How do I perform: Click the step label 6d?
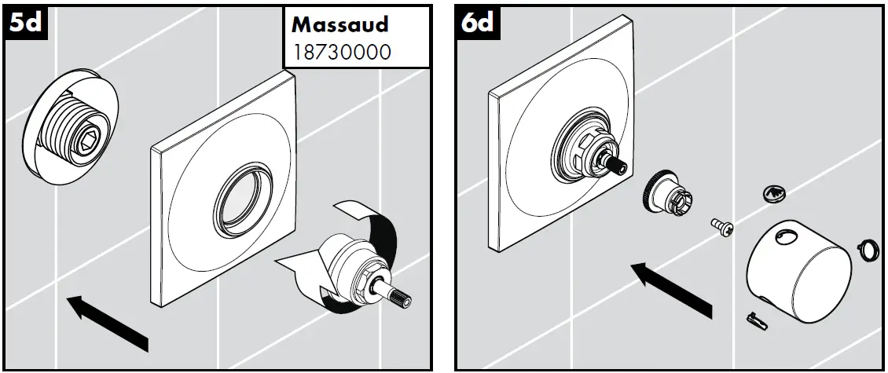click(476, 24)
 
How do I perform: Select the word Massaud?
click(339, 24)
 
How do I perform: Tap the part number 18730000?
click(341, 52)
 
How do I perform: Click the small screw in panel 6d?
click(721, 226)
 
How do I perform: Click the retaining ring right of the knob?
click(868, 250)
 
